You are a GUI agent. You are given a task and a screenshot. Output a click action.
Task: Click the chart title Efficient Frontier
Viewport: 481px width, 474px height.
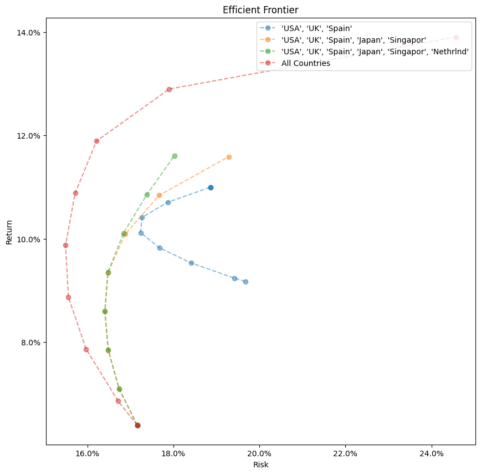point(260,10)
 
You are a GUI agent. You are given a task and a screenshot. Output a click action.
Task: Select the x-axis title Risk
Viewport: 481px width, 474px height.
point(260,465)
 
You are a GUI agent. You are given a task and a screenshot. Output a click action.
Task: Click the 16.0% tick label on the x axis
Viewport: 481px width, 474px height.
point(86,453)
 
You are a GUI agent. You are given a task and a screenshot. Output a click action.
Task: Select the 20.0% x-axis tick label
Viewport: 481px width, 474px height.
point(259,453)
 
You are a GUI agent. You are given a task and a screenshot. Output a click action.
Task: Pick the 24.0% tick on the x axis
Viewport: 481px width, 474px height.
point(432,453)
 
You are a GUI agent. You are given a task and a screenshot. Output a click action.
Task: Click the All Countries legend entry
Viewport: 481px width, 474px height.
point(305,63)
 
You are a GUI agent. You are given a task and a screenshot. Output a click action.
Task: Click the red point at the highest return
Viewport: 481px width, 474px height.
point(456,37)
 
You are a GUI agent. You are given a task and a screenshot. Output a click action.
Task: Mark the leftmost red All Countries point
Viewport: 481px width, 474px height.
point(65,245)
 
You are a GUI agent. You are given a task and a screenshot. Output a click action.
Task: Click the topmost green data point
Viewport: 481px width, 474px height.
point(175,156)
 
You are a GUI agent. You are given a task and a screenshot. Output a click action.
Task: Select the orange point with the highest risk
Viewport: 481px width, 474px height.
point(229,157)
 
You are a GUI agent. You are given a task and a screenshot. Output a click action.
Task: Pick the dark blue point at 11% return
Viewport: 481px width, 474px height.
point(211,187)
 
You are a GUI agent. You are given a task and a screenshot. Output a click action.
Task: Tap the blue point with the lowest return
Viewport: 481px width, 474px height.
point(245,282)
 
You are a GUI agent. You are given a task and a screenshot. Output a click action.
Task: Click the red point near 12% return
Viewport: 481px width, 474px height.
point(96,141)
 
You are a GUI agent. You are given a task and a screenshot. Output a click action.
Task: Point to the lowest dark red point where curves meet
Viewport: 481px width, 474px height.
point(137,425)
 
